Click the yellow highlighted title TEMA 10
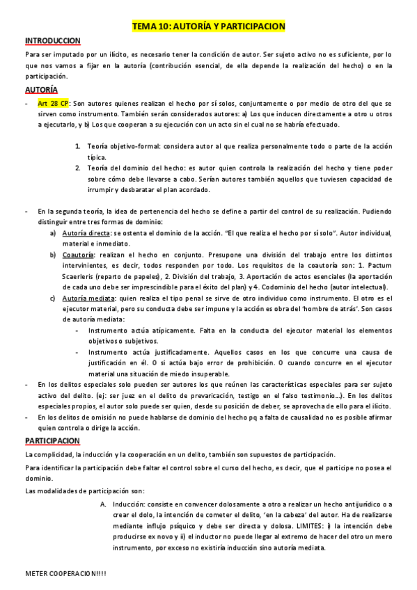tap(208, 26)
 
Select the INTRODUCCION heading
tap(52, 41)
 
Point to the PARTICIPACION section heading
tap(53, 441)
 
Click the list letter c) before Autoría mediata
tap(53, 298)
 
